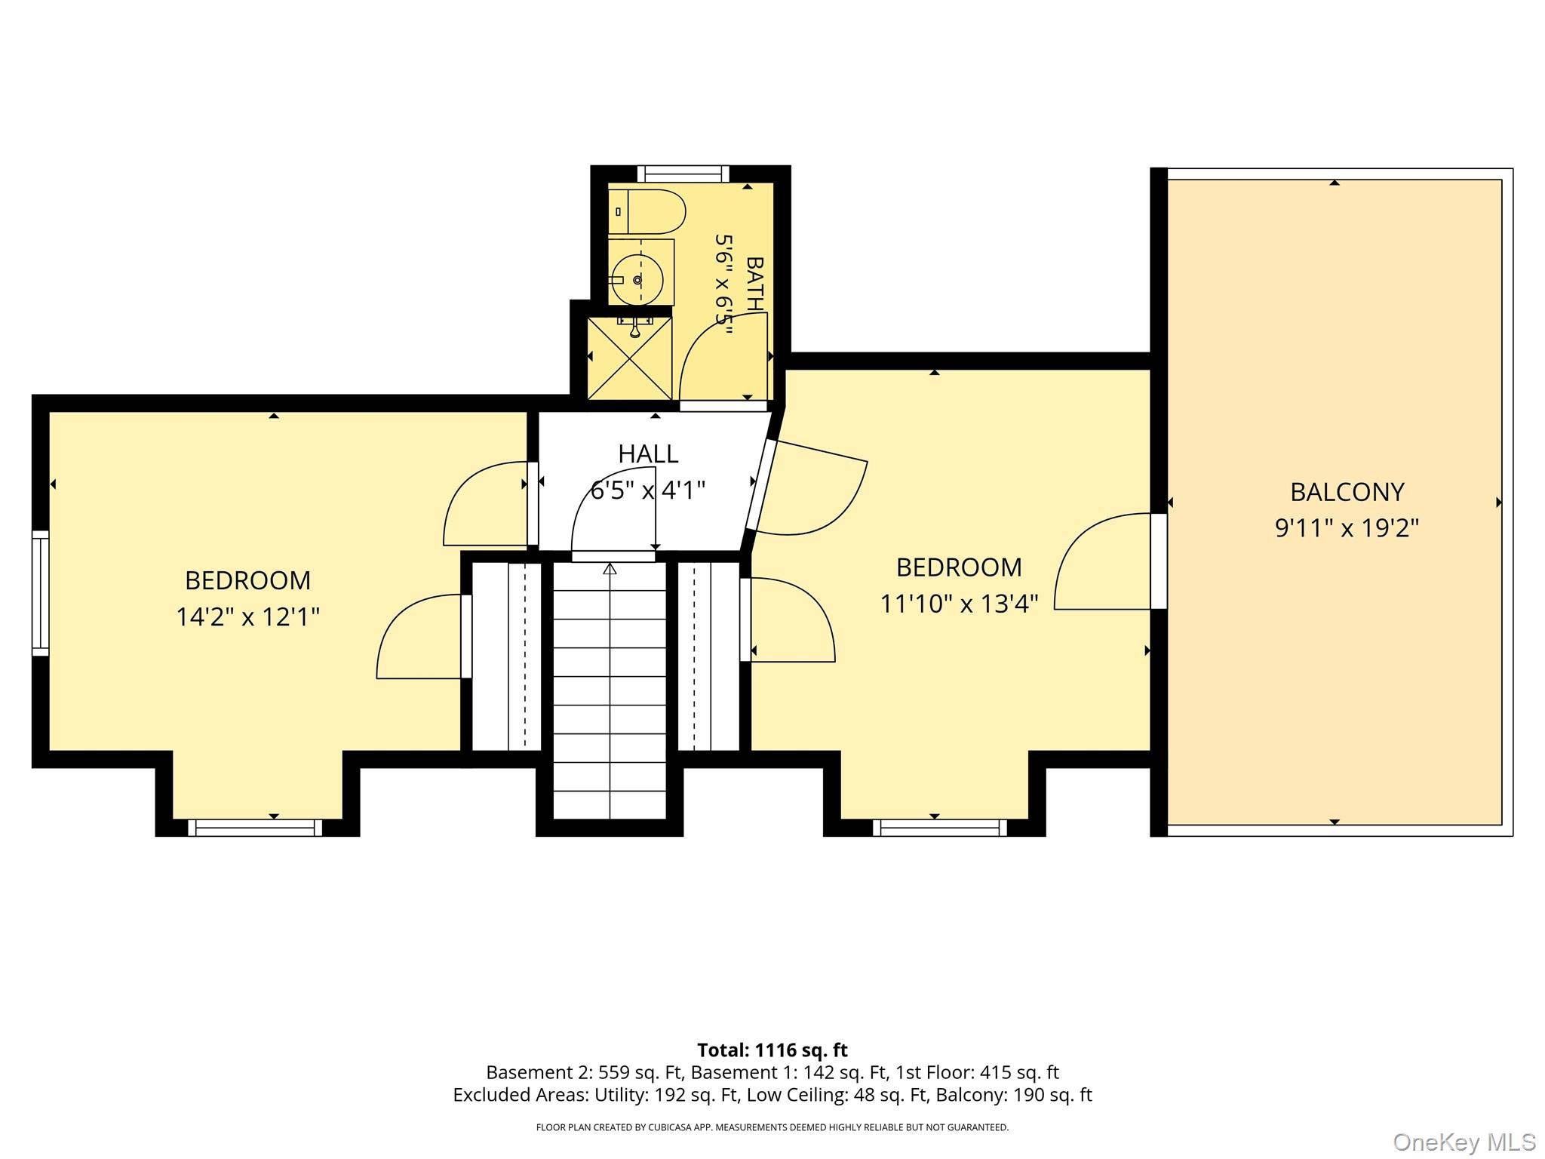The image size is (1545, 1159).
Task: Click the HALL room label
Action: (x=648, y=453)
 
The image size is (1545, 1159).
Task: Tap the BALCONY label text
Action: (x=1347, y=492)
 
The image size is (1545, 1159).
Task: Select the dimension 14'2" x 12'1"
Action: (x=247, y=617)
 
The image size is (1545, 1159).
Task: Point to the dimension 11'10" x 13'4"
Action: (x=959, y=604)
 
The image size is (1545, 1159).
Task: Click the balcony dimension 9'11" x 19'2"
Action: (x=1347, y=528)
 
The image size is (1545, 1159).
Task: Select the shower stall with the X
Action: (x=629, y=358)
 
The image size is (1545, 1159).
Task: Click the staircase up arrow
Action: (x=610, y=569)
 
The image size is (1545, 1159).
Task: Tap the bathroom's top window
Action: (x=683, y=174)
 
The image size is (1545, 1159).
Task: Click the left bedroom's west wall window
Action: (x=40, y=593)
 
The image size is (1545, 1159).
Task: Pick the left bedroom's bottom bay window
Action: (x=255, y=828)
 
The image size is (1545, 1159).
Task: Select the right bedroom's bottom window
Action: (x=940, y=828)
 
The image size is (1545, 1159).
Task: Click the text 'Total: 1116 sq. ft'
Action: (x=772, y=1050)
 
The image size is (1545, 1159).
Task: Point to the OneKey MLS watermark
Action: (x=1464, y=1142)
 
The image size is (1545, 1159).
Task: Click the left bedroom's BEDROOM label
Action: (x=247, y=580)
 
